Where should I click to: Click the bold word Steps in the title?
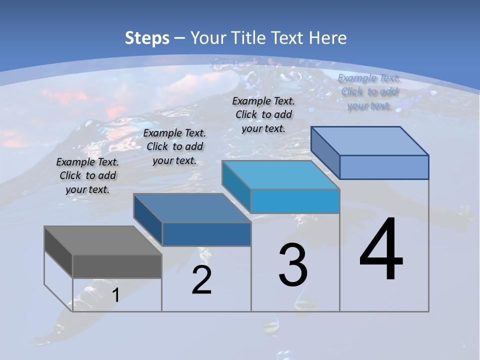147,38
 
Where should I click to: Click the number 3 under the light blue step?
292,264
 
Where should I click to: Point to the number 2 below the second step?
201,280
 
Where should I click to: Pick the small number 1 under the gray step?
115,295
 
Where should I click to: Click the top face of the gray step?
103,240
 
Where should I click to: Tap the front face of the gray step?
117,266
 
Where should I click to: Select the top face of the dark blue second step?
192,208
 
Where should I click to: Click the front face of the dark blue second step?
206,234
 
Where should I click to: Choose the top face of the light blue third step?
281,175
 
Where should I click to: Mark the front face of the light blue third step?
295,201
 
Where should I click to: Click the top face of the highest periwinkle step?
370,141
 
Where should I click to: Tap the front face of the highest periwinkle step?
384,167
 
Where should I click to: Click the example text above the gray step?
87,175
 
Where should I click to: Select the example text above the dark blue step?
174,146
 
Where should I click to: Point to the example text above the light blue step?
263,114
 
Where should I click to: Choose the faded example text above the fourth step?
369,91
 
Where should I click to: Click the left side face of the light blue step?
236,186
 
